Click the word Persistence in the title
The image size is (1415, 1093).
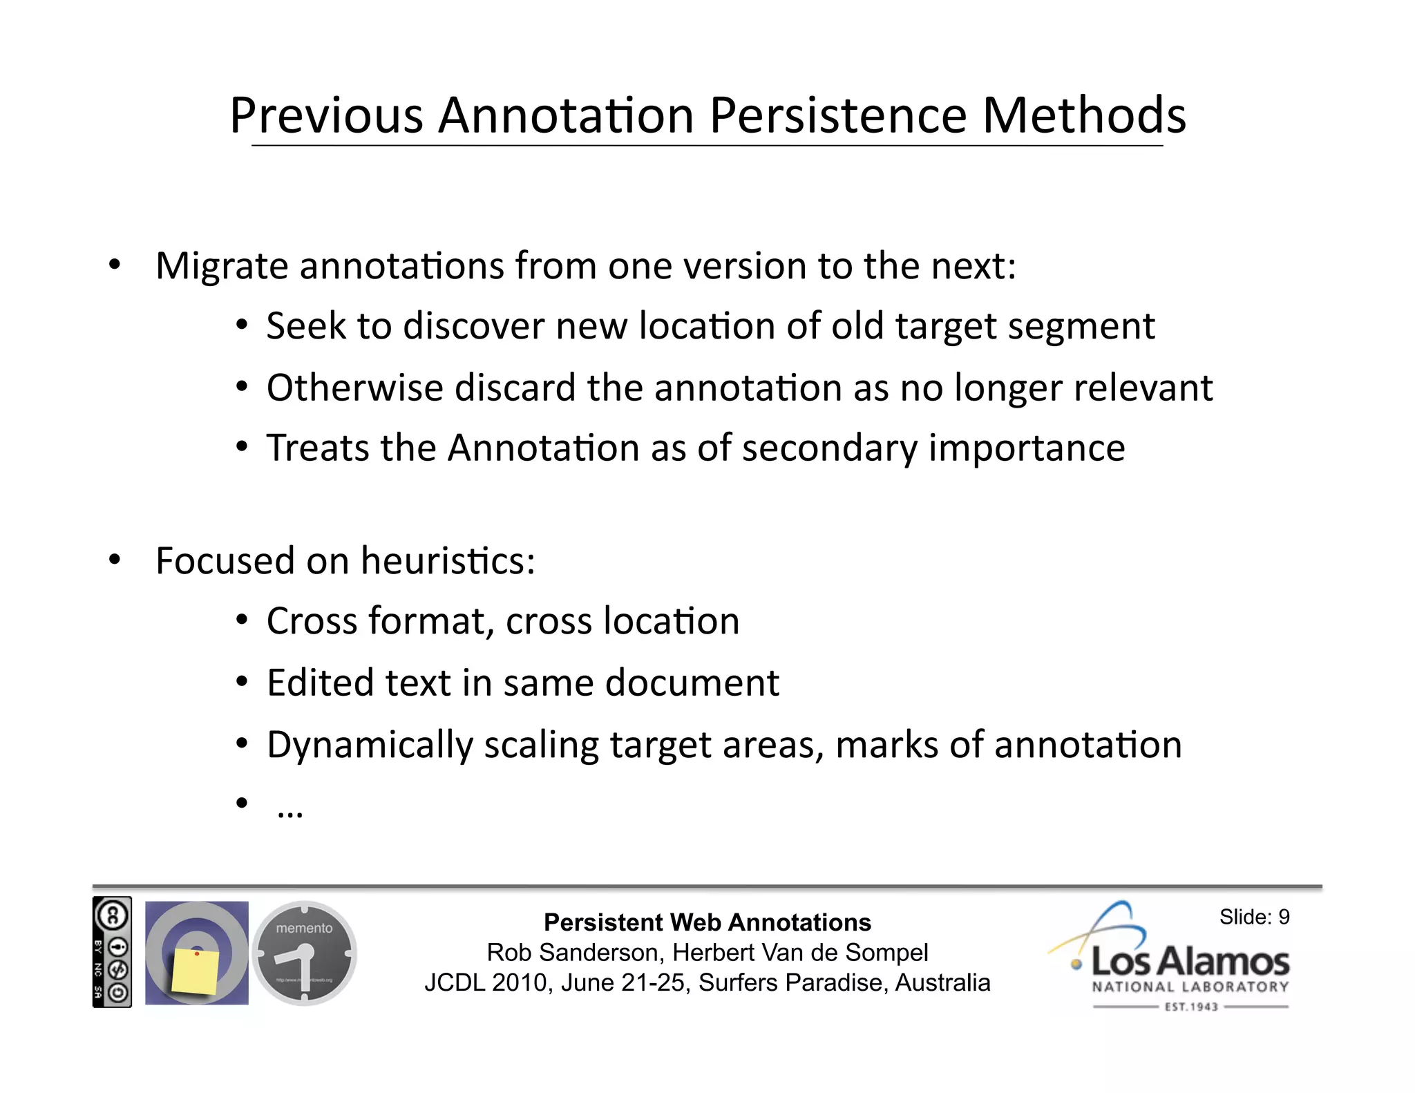click(838, 115)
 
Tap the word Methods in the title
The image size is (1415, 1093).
click(1083, 115)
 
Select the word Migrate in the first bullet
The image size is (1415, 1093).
click(222, 266)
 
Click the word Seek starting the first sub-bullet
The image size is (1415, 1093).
click(305, 326)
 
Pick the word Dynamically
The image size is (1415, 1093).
click(370, 745)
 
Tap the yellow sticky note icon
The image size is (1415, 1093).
click(196, 971)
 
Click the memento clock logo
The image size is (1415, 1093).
click(304, 953)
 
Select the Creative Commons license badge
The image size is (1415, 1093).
click(112, 953)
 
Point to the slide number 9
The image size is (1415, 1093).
click(1283, 918)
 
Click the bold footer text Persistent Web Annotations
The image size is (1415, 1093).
click(707, 923)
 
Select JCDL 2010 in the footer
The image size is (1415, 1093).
click(488, 983)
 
